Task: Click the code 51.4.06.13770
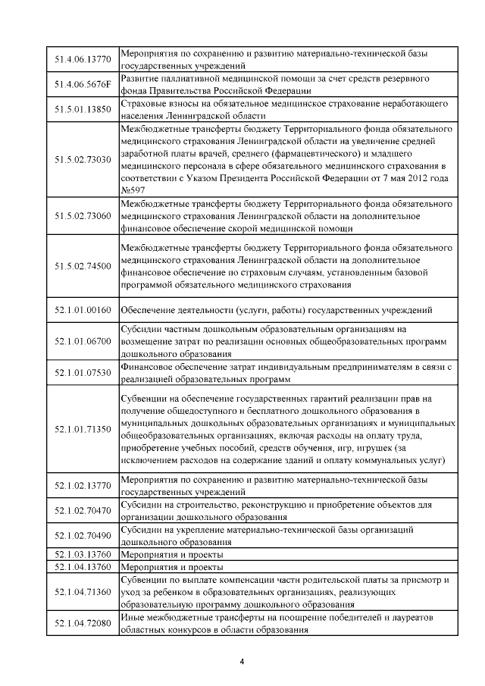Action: point(83,59)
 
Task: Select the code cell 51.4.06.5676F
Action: point(83,84)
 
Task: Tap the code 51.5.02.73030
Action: point(83,160)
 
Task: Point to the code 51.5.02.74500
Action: point(83,266)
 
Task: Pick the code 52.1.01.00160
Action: point(83,310)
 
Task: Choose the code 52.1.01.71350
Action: point(83,429)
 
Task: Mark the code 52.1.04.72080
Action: point(83,623)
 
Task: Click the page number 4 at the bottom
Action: point(242,663)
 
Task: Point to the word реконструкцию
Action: point(261,504)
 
